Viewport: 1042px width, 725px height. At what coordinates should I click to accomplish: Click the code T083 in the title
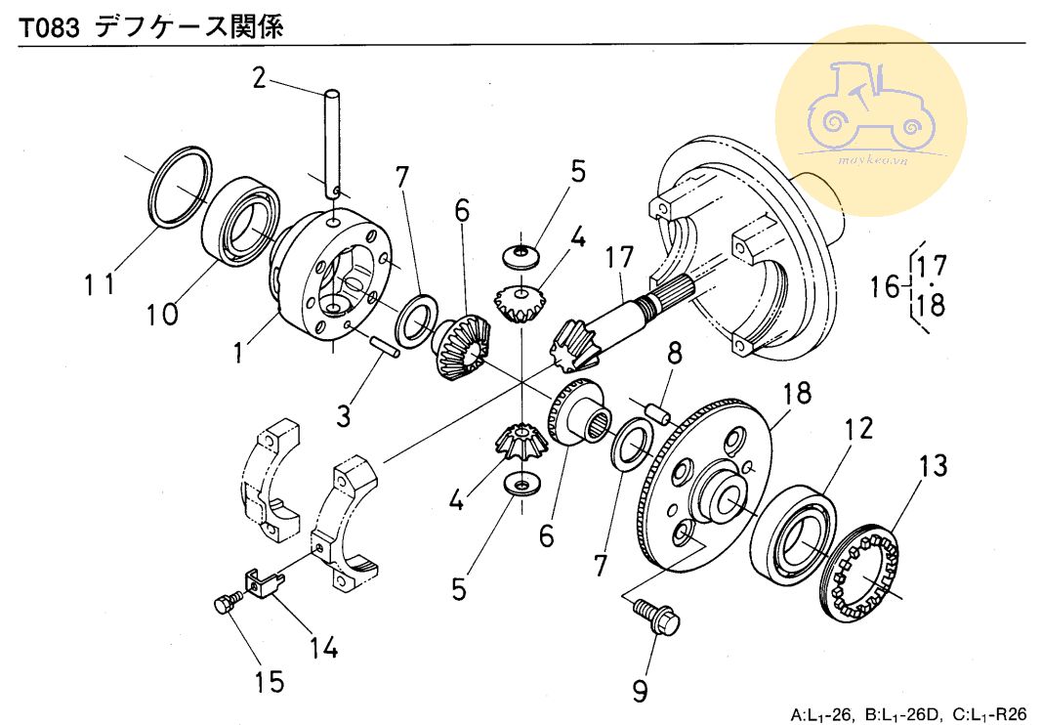[x=50, y=27]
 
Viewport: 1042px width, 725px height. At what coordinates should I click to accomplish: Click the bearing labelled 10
[x=240, y=220]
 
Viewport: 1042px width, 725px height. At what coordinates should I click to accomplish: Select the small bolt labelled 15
[x=224, y=604]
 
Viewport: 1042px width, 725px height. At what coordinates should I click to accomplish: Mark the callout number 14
[x=324, y=647]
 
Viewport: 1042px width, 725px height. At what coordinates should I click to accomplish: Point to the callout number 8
[x=672, y=351]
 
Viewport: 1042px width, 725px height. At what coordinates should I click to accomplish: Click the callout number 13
[x=932, y=466]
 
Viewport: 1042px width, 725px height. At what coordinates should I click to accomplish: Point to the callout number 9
[x=639, y=691]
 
